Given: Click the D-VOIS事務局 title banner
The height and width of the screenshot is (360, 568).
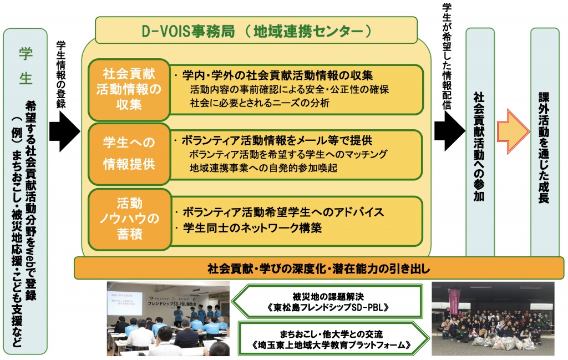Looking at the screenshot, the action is click(x=256, y=31).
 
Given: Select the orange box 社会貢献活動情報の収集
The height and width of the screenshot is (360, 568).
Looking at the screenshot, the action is click(x=129, y=89).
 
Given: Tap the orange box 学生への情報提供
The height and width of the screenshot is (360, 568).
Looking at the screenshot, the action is click(x=129, y=154).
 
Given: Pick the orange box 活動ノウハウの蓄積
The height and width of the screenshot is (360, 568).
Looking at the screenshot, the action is click(x=129, y=219).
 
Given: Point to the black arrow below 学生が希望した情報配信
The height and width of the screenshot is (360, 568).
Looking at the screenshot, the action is click(x=449, y=131).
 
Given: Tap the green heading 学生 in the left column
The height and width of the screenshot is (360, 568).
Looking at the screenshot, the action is click(x=26, y=65).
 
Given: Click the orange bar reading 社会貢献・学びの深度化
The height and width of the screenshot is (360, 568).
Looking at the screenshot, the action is click(x=319, y=268).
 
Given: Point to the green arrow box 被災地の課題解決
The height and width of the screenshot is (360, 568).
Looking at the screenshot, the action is click(x=327, y=302).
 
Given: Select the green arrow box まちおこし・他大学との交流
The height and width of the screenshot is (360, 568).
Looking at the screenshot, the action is click(x=333, y=338).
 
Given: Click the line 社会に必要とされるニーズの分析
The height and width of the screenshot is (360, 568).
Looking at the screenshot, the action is click(x=260, y=103).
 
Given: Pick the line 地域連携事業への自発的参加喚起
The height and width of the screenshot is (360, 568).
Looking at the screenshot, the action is click(x=263, y=168).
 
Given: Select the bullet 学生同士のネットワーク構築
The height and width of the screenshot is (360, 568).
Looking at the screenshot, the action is click(x=248, y=228).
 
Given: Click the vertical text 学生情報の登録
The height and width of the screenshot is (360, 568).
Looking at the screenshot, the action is click(x=61, y=75).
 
